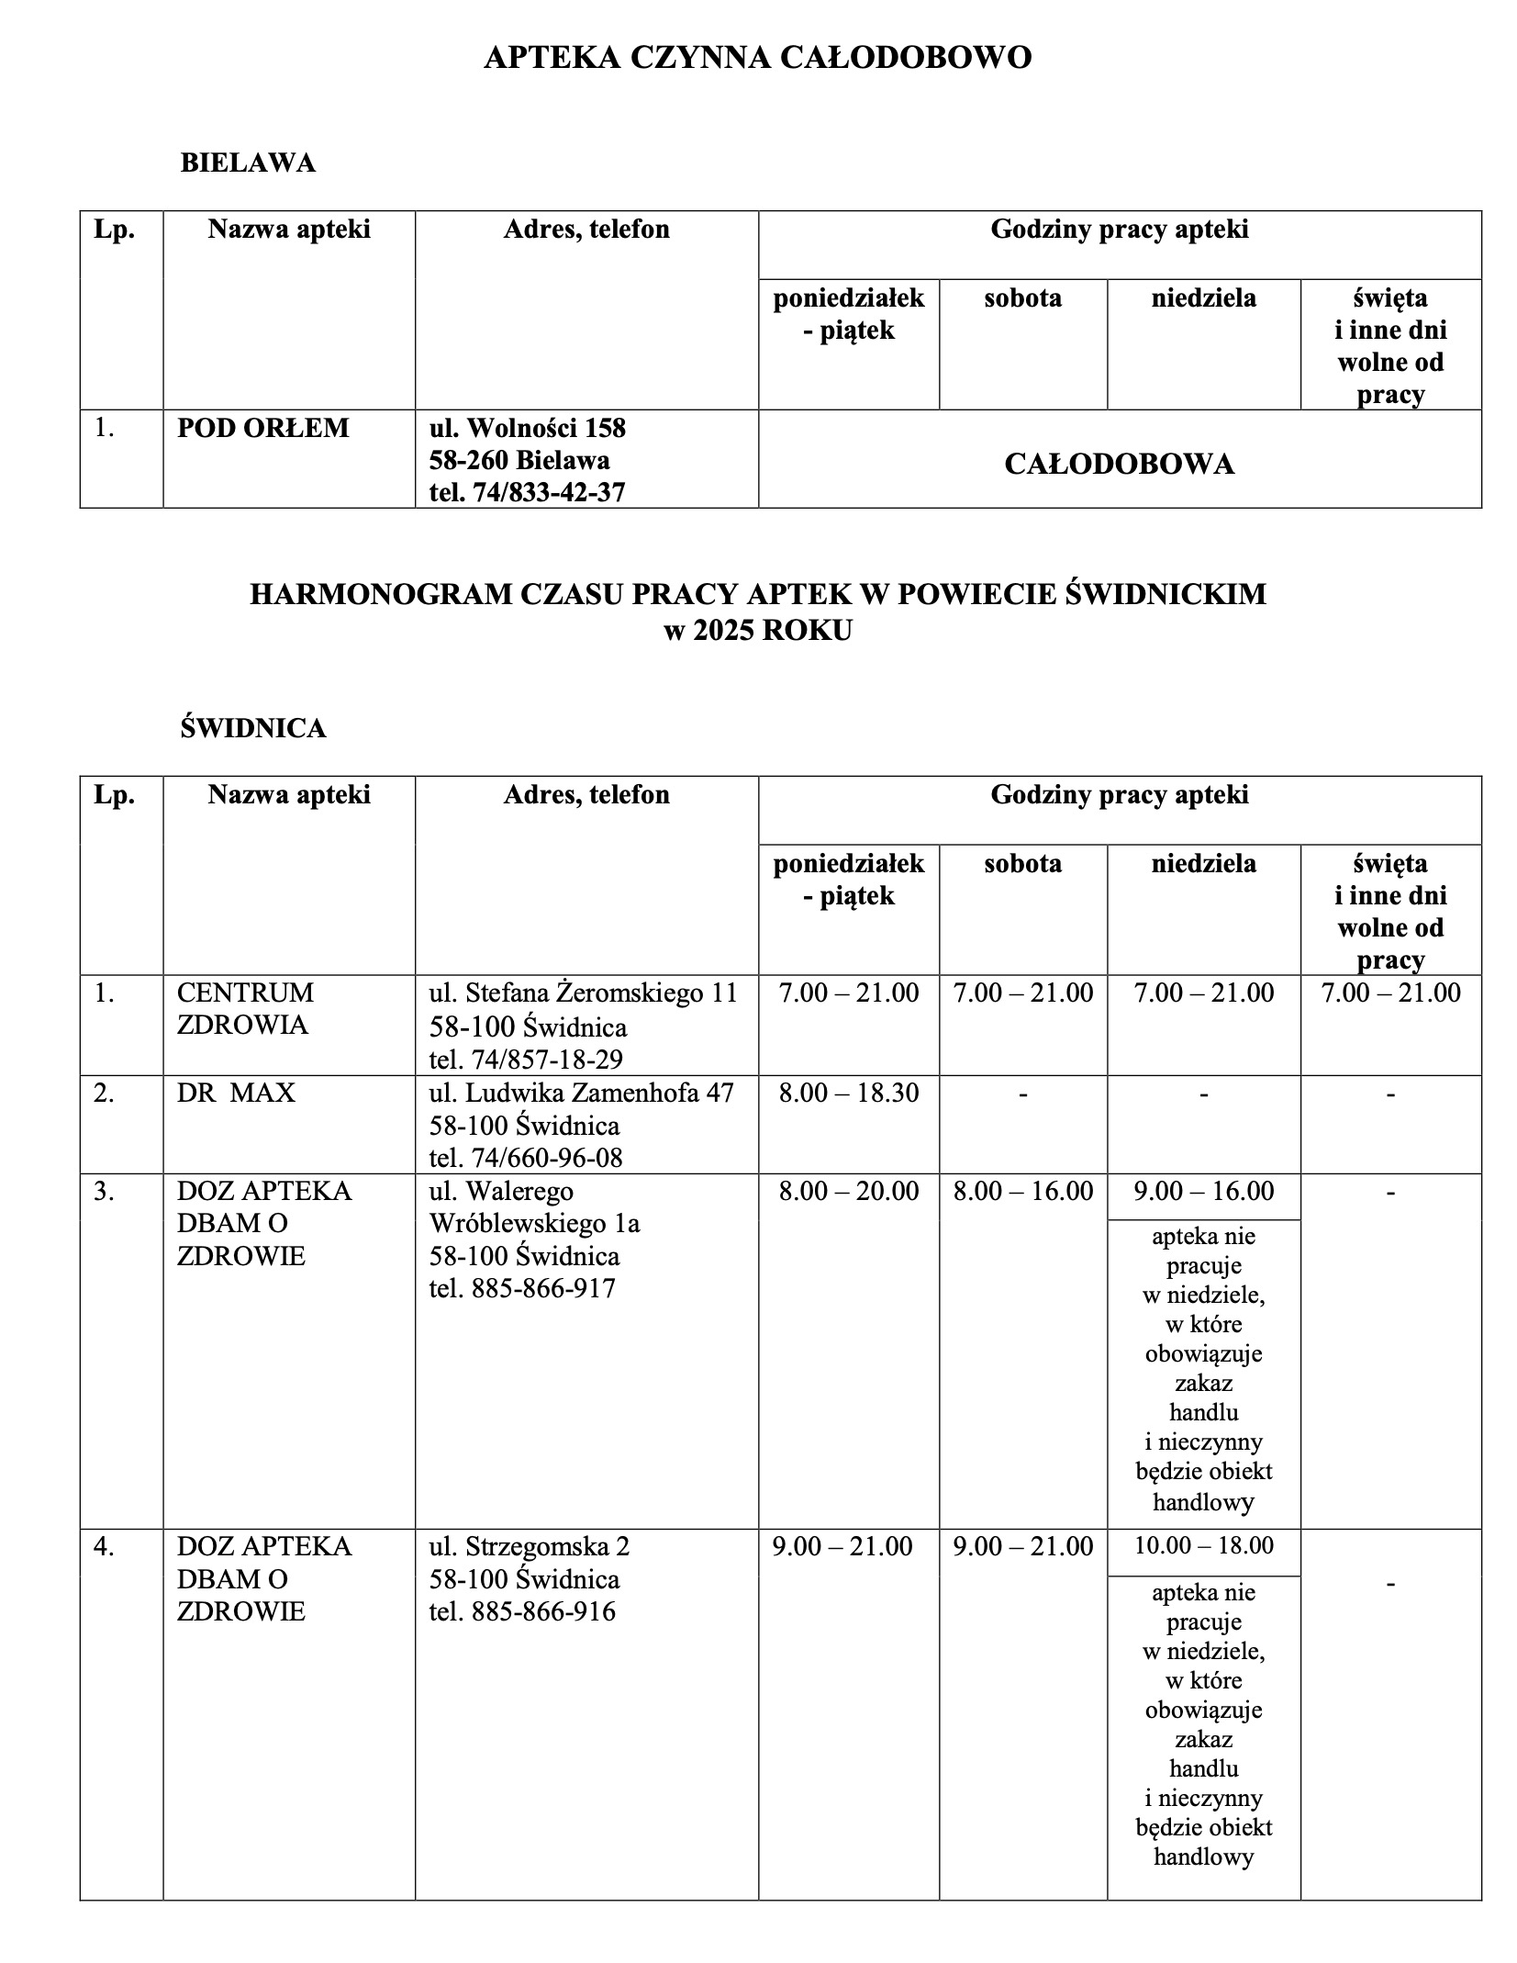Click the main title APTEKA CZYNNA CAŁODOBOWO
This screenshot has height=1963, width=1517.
pyautogui.click(x=757, y=58)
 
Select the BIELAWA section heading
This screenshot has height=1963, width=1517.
pyautogui.click(x=248, y=163)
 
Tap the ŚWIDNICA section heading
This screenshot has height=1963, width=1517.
pyautogui.click(x=253, y=728)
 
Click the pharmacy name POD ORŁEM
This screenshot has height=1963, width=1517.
pyautogui.click(x=263, y=428)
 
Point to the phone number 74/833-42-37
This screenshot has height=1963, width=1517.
pyautogui.click(x=548, y=493)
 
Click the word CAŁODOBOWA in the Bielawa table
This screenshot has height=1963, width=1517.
pyautogui.click(x=1119, y=464)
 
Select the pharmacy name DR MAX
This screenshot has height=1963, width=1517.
pyautogui.click(x=236, y=1093)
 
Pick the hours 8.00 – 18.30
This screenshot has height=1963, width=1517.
pyautogui.click(x=848, y=1093)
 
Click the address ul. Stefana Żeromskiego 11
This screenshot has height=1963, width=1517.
pyautogui.click(x=583, y=993)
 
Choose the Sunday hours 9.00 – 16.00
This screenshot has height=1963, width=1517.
pyautogui.click(x=1203, y=1191)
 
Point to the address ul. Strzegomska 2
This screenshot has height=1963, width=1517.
pyautogui.click(x=530, y=1546)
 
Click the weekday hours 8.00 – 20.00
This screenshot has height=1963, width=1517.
pyautogui.click(x=848, y=1191)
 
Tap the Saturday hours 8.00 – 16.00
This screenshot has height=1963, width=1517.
pyautogui.click(x=1022, y=1191)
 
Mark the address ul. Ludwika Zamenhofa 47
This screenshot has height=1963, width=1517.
pyautogui.click(x=581, y=1093)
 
